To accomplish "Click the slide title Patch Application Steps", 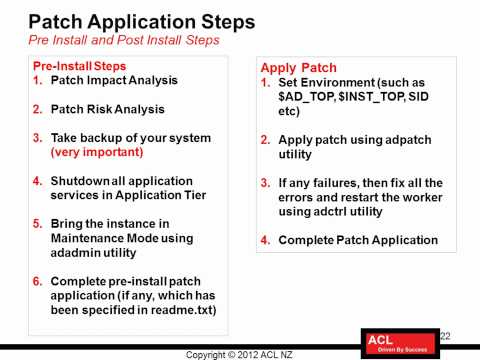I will [142, 20].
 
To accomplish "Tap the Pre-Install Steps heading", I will [75, 65].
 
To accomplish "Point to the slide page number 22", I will [445, 335].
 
